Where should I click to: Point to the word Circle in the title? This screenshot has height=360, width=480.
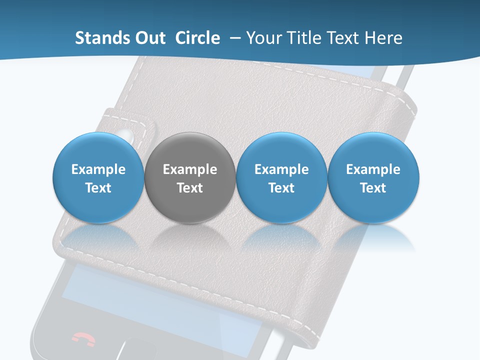pos(197,38)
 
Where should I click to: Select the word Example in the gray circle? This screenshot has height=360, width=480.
pos(190,169)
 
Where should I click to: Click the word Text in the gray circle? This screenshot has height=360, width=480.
pos(190,188)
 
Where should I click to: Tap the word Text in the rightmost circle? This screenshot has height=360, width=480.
pos(373,188)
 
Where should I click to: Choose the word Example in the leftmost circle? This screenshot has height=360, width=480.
pos(98,169)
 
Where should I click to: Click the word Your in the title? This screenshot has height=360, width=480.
pos(261,38)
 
